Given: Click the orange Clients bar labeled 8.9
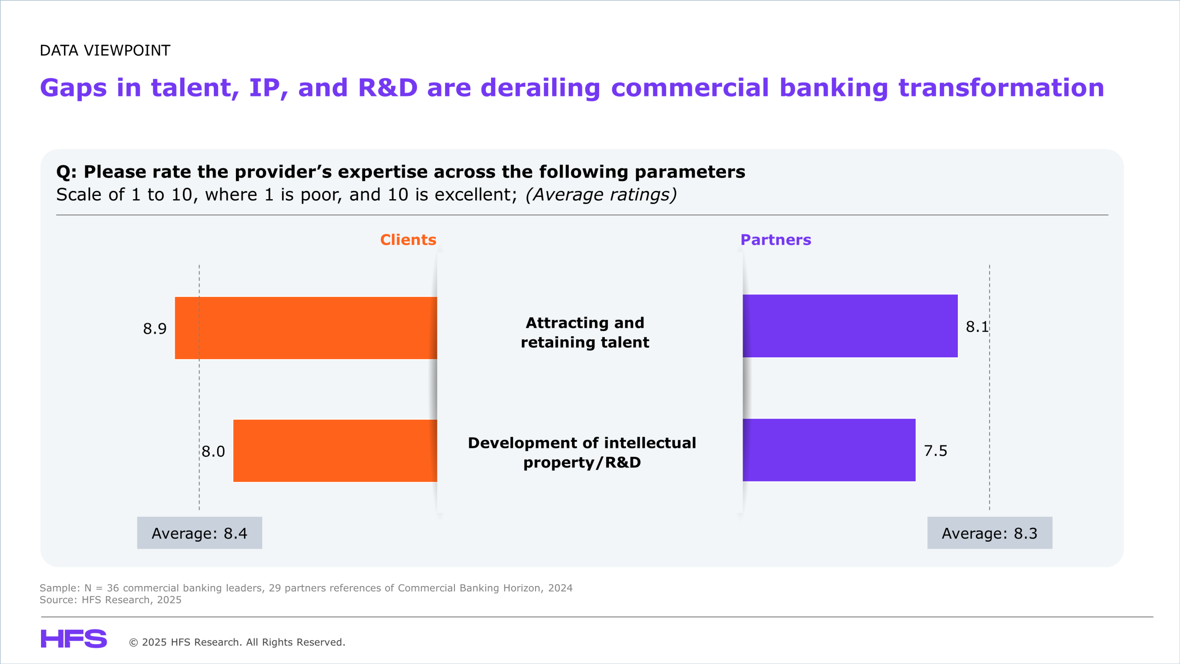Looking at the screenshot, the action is [306, 328].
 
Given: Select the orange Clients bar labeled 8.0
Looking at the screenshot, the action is [335, 451].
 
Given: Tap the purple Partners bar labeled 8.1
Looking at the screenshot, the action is [850, 326].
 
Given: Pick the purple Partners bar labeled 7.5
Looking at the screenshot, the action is [829, 450].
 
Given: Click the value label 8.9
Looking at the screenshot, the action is [155, 329].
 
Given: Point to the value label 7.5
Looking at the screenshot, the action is [936, 451].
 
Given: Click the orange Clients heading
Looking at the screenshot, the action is [408, 240].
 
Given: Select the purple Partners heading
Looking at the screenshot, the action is [776, 240].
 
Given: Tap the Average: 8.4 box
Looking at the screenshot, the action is [200, 533].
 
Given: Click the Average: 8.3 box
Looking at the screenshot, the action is [990, 533].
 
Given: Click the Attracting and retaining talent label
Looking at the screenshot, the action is [585, 332].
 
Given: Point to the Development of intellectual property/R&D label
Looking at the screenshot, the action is [582, 453].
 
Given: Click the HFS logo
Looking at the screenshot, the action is [74, 639].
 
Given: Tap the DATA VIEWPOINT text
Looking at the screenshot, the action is [105, 50].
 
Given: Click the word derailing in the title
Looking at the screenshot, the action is [540, 88].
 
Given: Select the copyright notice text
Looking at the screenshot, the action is [237, 642].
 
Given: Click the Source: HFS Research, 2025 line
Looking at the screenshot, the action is [111, 600].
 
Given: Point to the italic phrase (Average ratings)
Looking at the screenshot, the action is [601, 195].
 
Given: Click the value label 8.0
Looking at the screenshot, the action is [213, 451].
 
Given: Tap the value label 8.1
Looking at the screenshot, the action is [977, 327].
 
